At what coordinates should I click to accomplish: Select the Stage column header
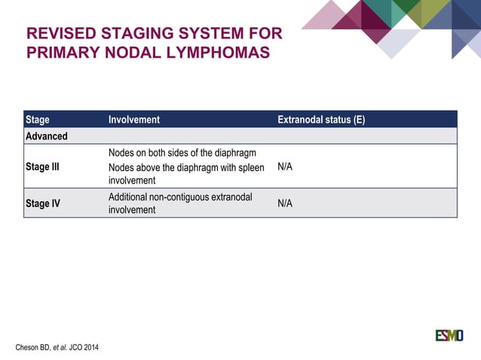[x=38, y=119]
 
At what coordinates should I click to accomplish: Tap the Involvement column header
[x=134, y=119]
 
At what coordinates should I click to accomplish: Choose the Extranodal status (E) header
[x=321, y=119]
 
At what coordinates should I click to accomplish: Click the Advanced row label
[x=47, y=136]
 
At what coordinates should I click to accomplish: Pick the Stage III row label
[x=42, y=166]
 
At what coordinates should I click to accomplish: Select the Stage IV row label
[x=43, y=203]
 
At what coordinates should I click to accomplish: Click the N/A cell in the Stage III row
[x=285, y=166]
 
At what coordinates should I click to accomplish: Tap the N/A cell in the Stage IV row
[x=285, y=203]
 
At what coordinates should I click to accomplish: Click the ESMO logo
[x=449, y=335]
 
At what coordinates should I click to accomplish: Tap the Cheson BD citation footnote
[x=57, y=347]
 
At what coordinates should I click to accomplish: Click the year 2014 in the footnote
[x=90, y=347]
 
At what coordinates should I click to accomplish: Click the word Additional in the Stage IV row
[x=127, y=197]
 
